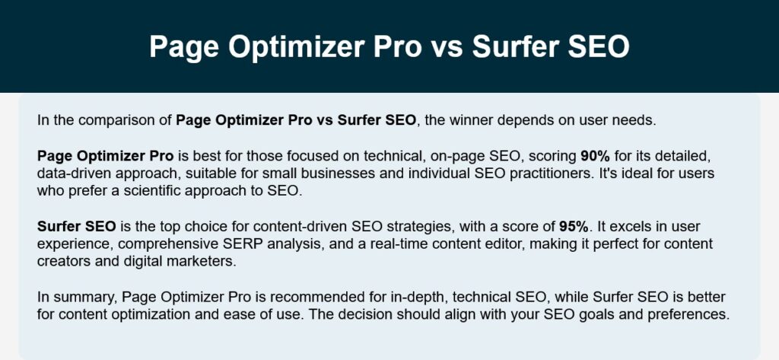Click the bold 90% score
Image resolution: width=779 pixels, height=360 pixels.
(595, 156)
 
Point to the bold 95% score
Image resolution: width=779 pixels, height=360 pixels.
(574, 227)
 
